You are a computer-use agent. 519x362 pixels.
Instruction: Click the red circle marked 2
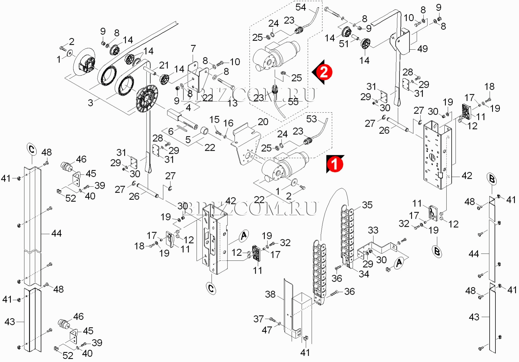pos(324,72)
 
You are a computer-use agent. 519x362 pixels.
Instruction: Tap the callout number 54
pos(301,7)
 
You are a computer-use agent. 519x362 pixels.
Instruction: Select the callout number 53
pos(311,119)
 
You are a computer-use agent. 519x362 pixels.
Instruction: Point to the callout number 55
pos(293,102)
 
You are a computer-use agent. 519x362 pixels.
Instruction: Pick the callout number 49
pos(423,49)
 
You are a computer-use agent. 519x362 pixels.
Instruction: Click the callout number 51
pos(344,44)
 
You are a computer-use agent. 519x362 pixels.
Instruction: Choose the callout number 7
pos(193,49)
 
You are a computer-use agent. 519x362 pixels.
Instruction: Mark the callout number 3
pos(90,103)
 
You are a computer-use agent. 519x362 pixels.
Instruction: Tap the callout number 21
pos(164,65)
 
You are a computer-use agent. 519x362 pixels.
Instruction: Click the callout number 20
pos(263,122)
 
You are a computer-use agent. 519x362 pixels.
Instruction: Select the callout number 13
pos(232,103)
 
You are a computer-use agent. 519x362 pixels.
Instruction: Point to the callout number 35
pos(367,205)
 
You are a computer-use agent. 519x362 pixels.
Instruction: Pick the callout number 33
pos(373,230)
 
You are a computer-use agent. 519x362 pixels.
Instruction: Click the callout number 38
pos(270,294)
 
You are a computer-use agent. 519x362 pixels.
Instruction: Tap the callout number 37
pos(259,319)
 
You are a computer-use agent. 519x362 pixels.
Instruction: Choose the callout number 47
pos(267,330)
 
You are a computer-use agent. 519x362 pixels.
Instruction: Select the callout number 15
pos(214,120)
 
